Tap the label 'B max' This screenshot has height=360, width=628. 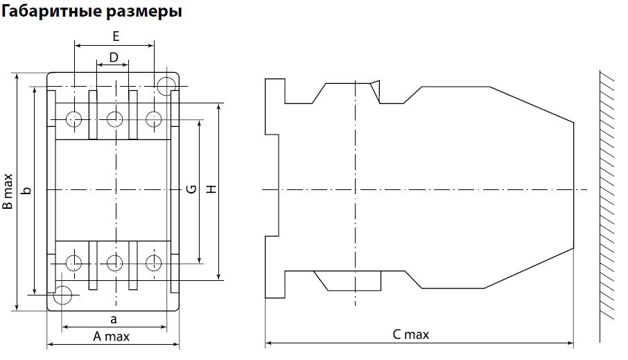click(7, 191)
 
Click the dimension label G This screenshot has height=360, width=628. click(192, 189)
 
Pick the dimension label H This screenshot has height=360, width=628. click(211, 189)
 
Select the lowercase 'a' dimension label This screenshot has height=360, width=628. click(114, 319)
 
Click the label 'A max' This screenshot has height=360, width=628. click(112, 336)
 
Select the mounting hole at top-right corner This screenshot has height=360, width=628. click(166, 86)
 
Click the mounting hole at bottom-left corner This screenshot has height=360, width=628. click(63, 295)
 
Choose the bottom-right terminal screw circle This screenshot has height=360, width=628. click(154, 262)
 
